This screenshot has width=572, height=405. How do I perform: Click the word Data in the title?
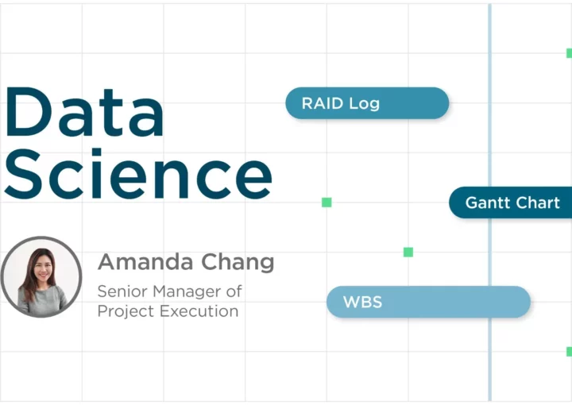click(84, 112)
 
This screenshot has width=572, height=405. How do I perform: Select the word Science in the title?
click(138, 174)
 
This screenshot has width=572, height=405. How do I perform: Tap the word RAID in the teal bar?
click(323, 103)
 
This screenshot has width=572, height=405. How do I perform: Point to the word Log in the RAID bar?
click(364, 104)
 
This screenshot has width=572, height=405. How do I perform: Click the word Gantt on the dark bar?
click(488, 202)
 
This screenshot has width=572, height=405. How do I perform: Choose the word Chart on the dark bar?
click(538, 202)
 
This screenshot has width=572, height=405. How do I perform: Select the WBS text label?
click(362, 302)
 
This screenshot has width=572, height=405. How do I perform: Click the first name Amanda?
click(145, 262)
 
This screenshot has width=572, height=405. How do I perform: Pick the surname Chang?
click(238, 263)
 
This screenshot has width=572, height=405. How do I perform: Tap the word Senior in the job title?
click(122, 291)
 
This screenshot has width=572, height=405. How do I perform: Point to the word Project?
click(126, 311)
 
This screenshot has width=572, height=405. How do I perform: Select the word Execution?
click(199, 311)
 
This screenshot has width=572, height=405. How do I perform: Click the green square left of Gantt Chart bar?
click(327, 202)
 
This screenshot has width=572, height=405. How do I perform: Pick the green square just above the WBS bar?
click(408, 252)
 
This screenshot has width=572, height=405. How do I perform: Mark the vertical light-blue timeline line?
click(489, 202)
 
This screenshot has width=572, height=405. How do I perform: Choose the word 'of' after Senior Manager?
click(234, 291)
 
